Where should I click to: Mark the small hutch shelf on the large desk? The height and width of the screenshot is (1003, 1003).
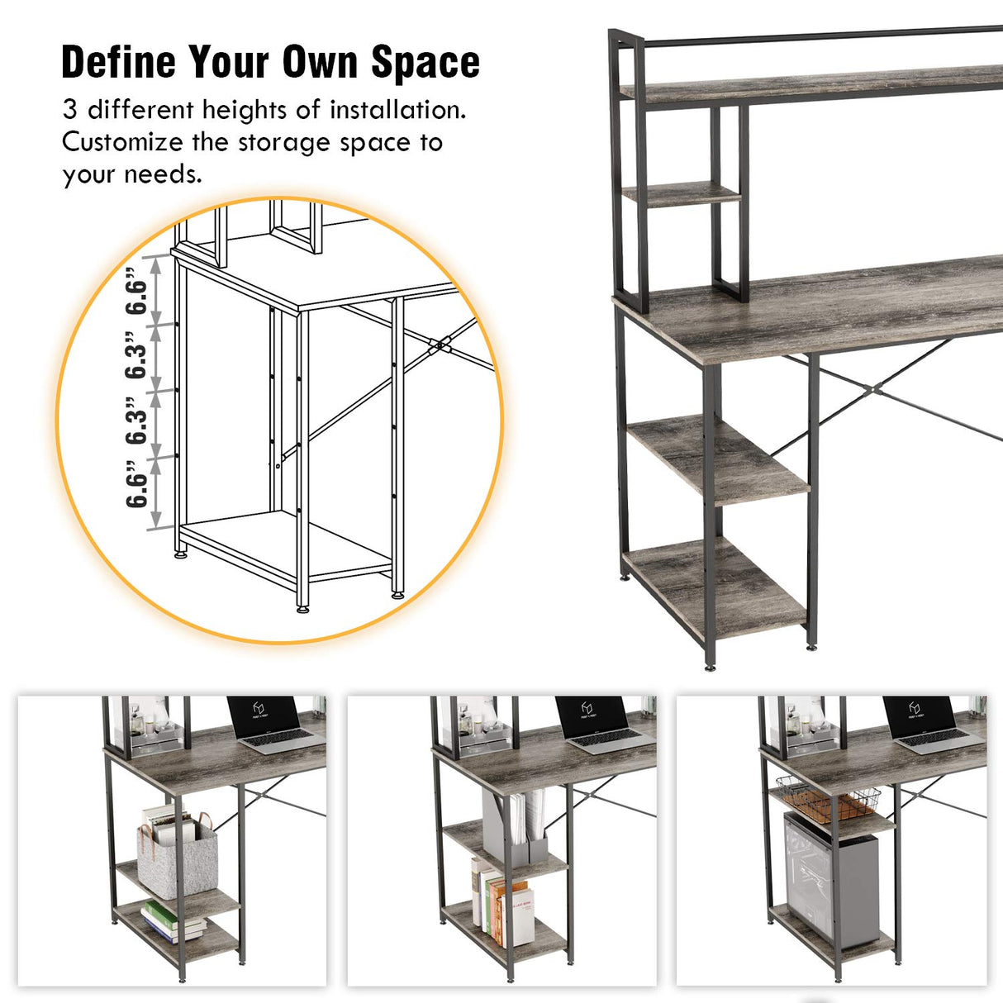[x=681, y=193]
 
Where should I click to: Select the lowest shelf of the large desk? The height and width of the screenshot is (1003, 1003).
[x=715, y=587]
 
